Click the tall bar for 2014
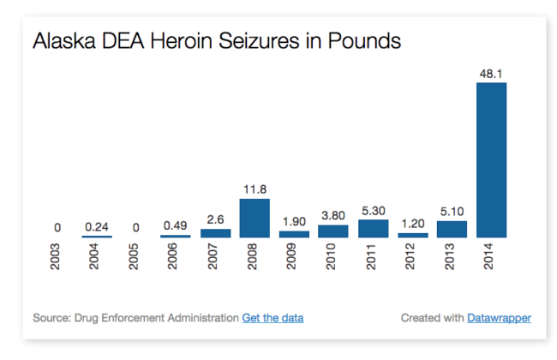tap(491, 160)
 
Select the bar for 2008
tap(255, 218)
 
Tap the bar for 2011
tap(373, 229)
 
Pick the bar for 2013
tap(452, 229)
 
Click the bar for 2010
tap(333, 231)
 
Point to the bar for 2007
tap(215, 233)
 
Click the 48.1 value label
tap(491, 74)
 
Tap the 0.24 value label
tap(97, 227)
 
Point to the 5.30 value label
tap(373, 211)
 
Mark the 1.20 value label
tap(412, 225)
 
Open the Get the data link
tap(273, 318)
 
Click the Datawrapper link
tap(499, 318)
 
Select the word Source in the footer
tap(50, 318)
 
